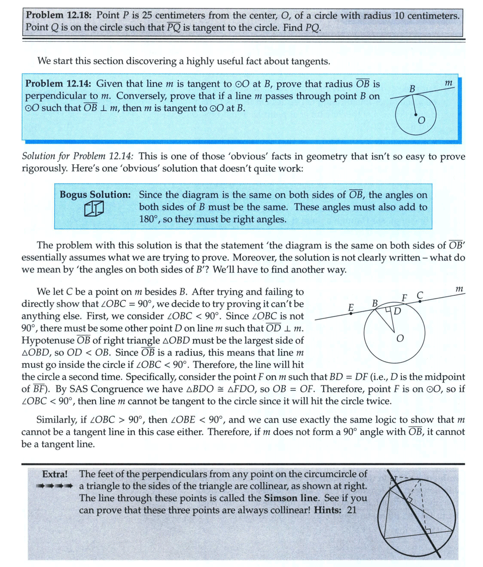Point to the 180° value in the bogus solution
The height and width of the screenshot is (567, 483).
coord(149,220)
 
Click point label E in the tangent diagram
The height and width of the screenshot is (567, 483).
coord(351,307)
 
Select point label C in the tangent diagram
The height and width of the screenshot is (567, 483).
coord(421,294)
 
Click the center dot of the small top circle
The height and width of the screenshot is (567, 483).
coord(415,115)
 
